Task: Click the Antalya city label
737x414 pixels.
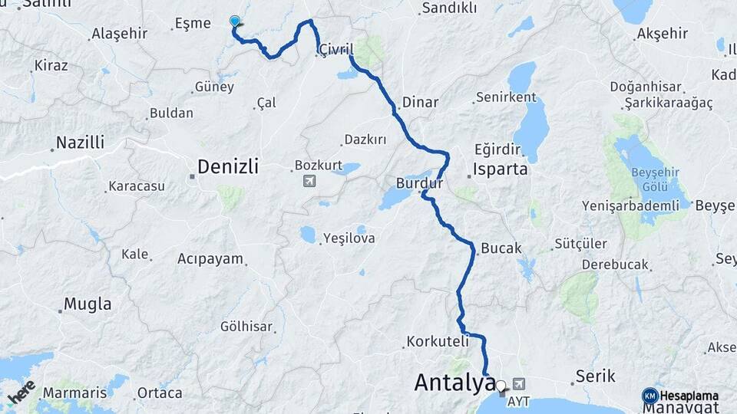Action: (x=454, y=382)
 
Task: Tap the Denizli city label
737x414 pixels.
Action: (x=228, y=166)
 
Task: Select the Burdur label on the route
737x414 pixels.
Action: (x=420, y=184)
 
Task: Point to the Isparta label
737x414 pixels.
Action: (x=501, y=169)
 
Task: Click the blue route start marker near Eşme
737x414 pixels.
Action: (x=235, y=21)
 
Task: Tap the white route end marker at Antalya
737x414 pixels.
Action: (x=501, y=386)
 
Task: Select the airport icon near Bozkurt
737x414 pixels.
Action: (x=309, y=182)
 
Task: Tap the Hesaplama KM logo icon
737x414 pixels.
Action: (x=649, y=395)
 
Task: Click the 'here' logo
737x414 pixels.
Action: (x=21, y=392)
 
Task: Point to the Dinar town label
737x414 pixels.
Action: (x=421, y=102)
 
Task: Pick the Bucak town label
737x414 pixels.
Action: (x=501, y=249)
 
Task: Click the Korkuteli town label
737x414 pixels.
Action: (x=437, y=340)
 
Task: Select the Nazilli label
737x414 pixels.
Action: (x=81, y=143)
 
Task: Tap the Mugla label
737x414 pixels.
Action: (x=88, y=304)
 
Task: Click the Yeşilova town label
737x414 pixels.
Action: (x=349, y=238)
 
